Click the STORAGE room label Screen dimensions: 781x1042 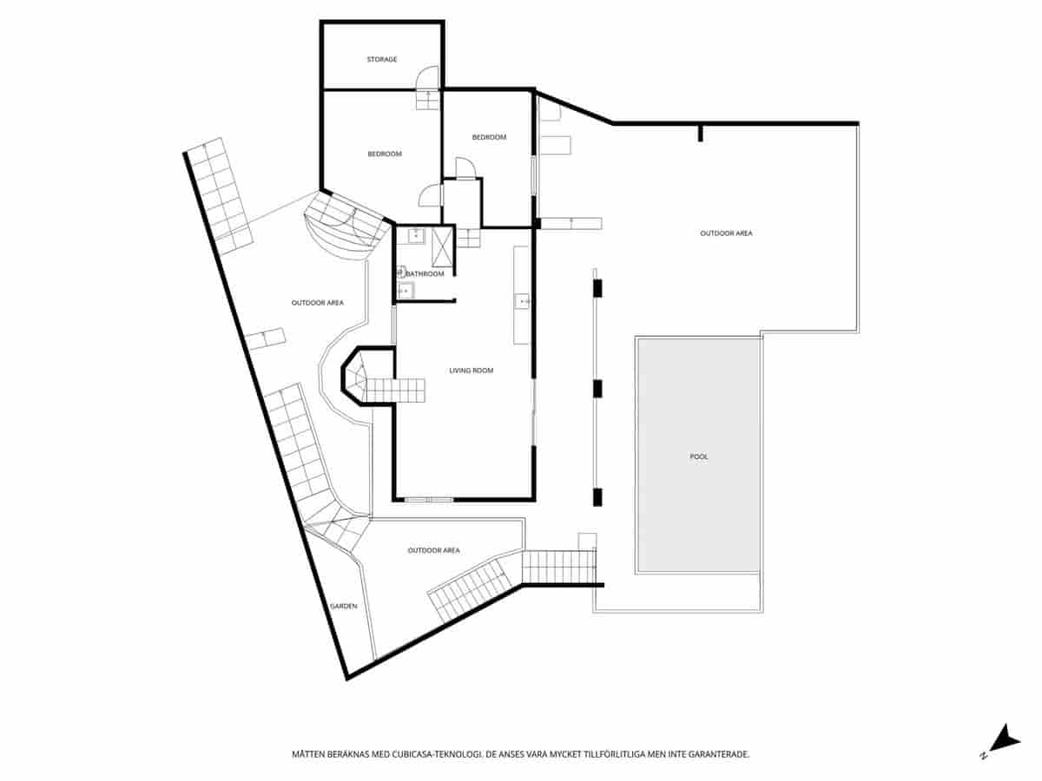tap(382, 59)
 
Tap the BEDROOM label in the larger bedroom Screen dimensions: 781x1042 tap(385, 154)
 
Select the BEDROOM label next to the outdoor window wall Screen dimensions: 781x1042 tap(489, 137)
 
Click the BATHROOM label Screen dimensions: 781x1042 tap(425, 274)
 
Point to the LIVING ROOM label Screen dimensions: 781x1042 tap(471, 371)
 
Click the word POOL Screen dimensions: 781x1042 tap(699, 456)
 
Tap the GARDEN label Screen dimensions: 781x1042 tap(343, 607)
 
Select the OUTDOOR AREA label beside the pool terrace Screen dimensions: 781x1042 tap(727, 233)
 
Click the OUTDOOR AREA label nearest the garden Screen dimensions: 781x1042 tap(433, 550)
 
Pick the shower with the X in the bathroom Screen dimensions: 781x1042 tap(441, 246)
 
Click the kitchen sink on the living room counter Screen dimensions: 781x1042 tap(523, 301)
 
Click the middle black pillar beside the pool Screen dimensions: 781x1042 tap(597, 387)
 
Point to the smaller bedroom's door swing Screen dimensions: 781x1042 tap(465, 168)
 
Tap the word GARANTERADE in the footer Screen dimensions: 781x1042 tap(716, 755)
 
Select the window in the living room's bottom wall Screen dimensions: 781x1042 tap(428, 499)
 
